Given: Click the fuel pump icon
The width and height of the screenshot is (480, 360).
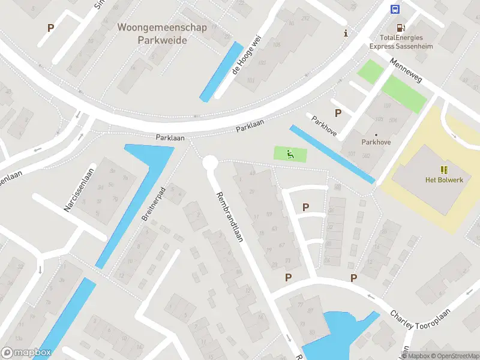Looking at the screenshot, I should (x=400, y=28).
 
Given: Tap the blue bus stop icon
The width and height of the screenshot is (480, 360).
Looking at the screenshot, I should (x=395, y=9).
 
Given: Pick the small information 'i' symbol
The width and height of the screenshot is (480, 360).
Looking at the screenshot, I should (x=346, y=33).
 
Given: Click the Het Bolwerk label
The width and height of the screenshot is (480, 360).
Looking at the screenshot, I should (x=444, y=180).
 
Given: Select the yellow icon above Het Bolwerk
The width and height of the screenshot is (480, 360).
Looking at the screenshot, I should (x=444, y=170).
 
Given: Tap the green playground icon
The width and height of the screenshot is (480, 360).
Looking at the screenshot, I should (x=290, y=154).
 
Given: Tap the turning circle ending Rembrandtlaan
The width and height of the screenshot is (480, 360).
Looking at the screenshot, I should (x=209, y=162).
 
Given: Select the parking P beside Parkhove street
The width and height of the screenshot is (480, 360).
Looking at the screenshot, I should (x=338, y=113).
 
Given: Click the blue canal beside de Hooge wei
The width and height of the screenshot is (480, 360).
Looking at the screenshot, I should (x=221, y=71).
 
